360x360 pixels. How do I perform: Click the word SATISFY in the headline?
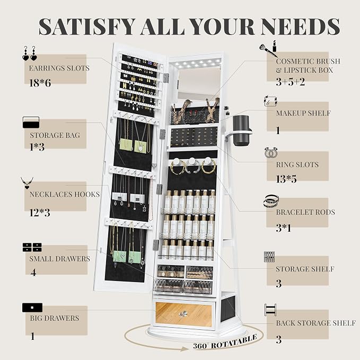(x=87, y=27)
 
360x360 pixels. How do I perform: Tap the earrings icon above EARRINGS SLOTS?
(x=30, y=53)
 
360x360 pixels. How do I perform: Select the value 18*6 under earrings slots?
(x=40, y=83)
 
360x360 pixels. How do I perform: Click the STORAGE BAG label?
(x=55, y=135)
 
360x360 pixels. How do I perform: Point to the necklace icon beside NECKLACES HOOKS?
(x=27, y=183)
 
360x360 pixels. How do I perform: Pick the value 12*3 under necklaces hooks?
(x=40, y=213)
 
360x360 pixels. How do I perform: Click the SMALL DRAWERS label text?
(x=60, y=259)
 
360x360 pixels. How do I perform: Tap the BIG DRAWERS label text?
(x=55, y=318)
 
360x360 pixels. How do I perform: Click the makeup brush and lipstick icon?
(x=268, y=48)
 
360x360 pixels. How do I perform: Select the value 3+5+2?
(x=291, y=82)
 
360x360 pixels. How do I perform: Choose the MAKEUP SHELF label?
(x=303, y=113)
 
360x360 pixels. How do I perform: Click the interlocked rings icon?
(x=271, y=153)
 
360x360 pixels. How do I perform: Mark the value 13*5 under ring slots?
(x=286, y=179)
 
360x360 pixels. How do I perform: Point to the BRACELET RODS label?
(x=305, y=212)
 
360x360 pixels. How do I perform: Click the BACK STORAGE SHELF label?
(x=316, y=323)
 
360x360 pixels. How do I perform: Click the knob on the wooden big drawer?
(x=183, y=314)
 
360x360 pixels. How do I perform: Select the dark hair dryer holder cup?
(x=241, y=130)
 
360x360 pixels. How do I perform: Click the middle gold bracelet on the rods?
(x=193, y=166)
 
